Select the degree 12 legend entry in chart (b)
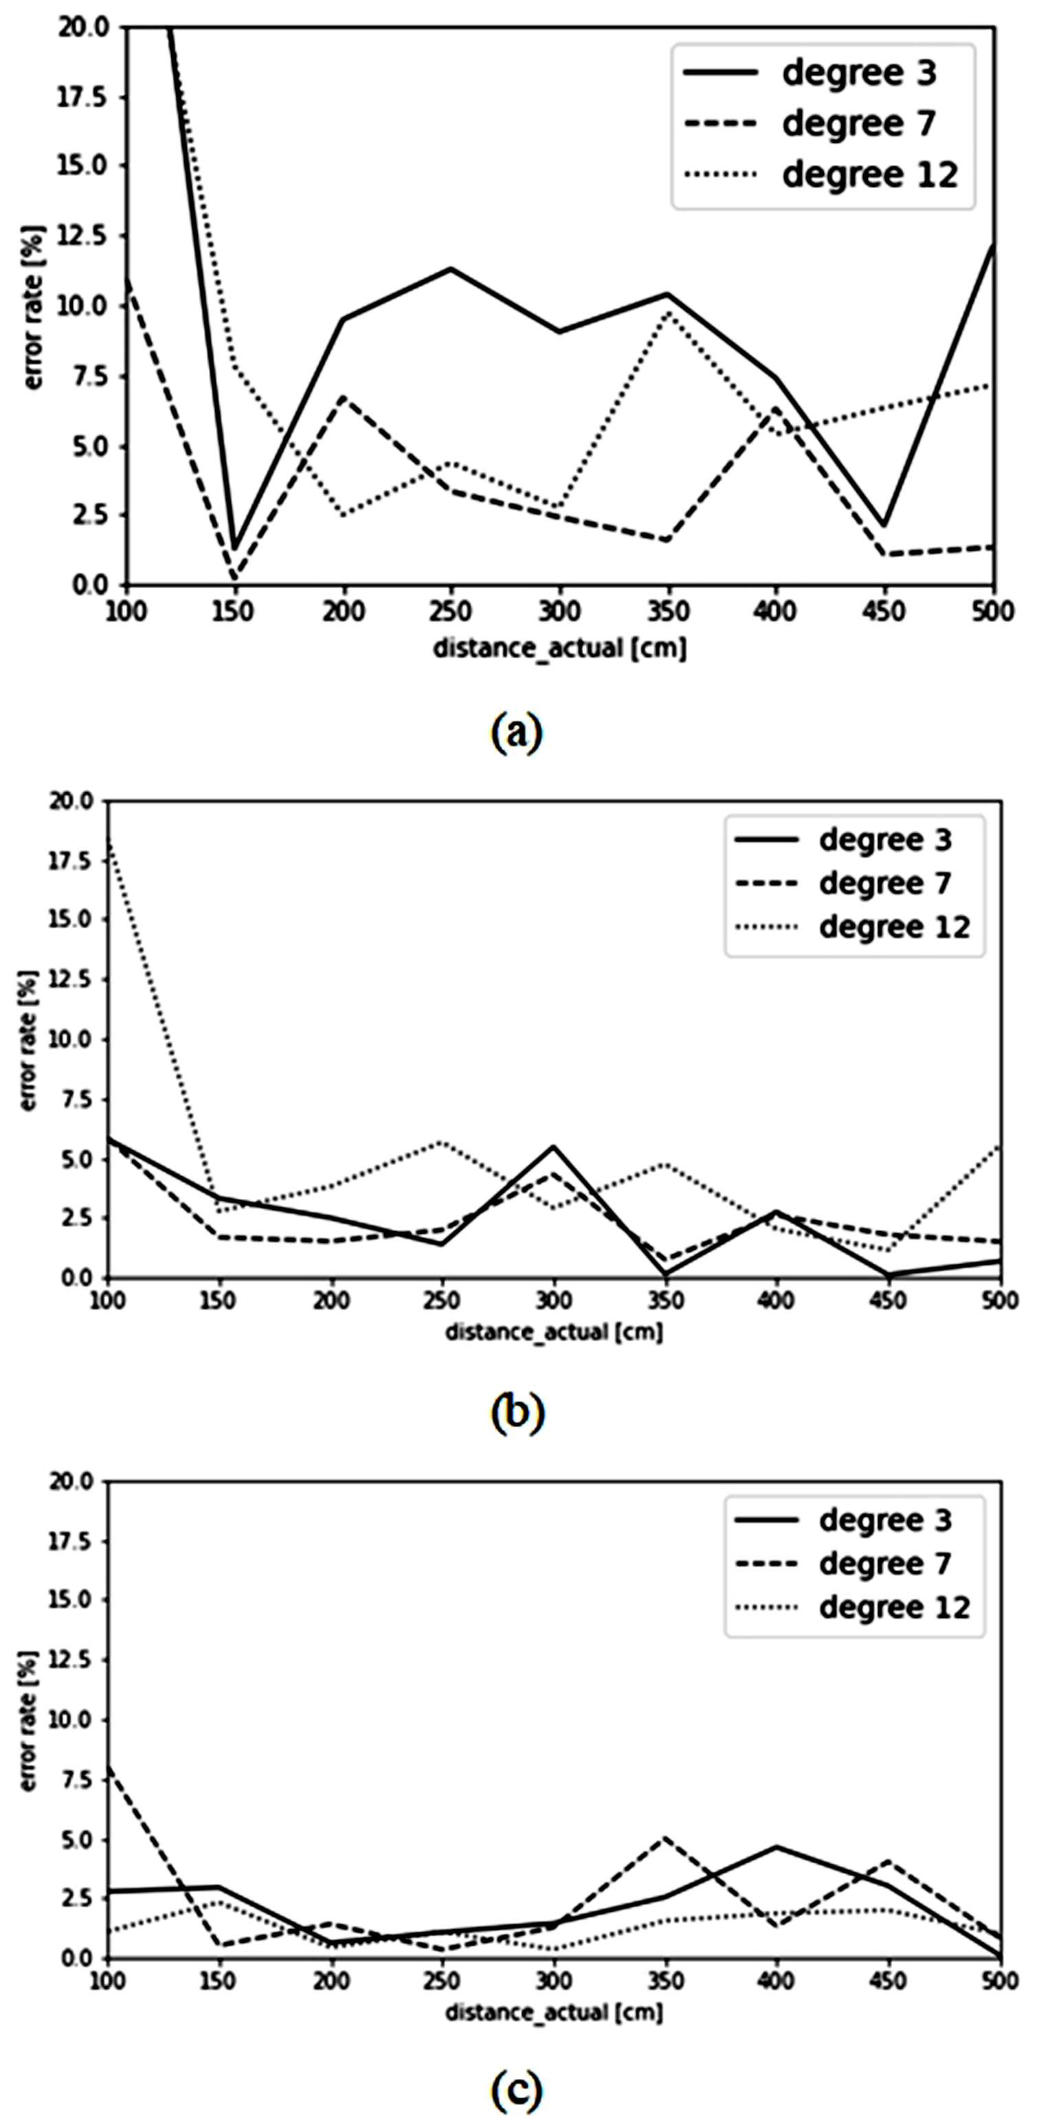(x=854, y=927)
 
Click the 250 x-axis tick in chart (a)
(x=451, y=612)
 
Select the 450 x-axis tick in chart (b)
(x=889, y=1301)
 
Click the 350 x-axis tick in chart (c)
(x=665, y=1981)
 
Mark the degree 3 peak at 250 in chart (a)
(x=451, y=269)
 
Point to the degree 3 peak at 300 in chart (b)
(x=554, y=1147)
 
